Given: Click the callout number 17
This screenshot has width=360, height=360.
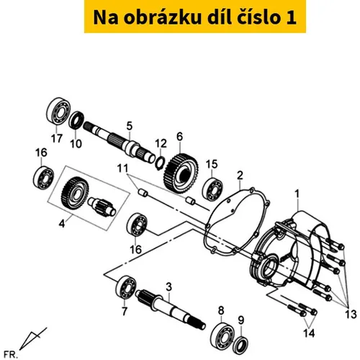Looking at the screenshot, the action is [x=57, y=138].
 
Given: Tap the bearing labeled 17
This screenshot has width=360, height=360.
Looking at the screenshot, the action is [x=58, y=111].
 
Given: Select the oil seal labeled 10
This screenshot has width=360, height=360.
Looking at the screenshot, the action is [x=76, y=120].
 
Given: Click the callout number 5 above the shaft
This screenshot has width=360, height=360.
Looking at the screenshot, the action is [x=130, y=126].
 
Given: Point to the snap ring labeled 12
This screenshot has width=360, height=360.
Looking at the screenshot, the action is [x=160, y=162].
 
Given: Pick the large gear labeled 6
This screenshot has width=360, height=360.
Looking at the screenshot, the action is [x=181, y=174].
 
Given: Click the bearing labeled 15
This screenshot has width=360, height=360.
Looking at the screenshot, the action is [x=212, y=189].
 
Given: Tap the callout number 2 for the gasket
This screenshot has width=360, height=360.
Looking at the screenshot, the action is [x=240, y=176].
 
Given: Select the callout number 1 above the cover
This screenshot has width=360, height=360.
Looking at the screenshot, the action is [x=297, y=194].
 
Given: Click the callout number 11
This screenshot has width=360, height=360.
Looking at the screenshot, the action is [x=122, y=168].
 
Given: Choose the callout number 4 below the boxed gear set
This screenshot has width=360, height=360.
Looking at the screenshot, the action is [x=62, y=224].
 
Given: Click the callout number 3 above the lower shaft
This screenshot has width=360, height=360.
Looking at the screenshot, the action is [x=169, y=287].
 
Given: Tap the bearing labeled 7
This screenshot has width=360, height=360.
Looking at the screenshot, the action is [x=125, y=287].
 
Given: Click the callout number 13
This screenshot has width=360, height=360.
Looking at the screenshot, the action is [x=351, y=315].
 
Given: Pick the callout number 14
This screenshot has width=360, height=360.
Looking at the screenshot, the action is [x=309, y=333].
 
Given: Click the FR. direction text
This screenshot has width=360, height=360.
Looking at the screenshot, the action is [x=10, y=354].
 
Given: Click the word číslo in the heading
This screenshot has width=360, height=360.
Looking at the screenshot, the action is [x=256, y=17].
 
